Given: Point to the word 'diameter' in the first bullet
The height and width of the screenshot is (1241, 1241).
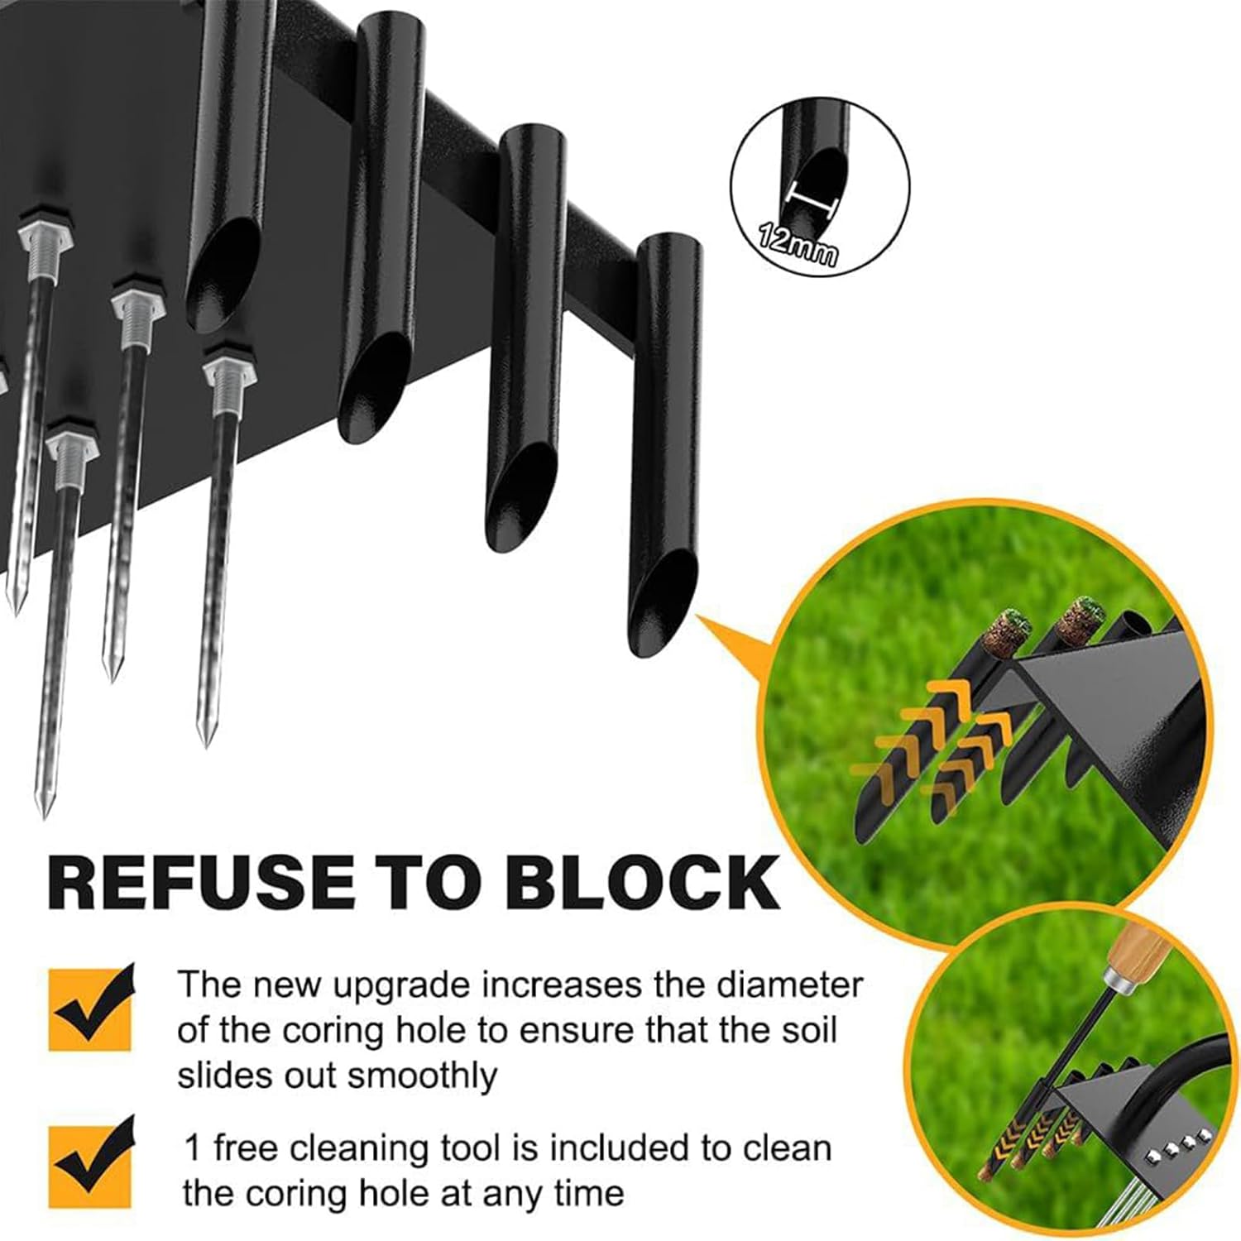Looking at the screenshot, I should [789, 985].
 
